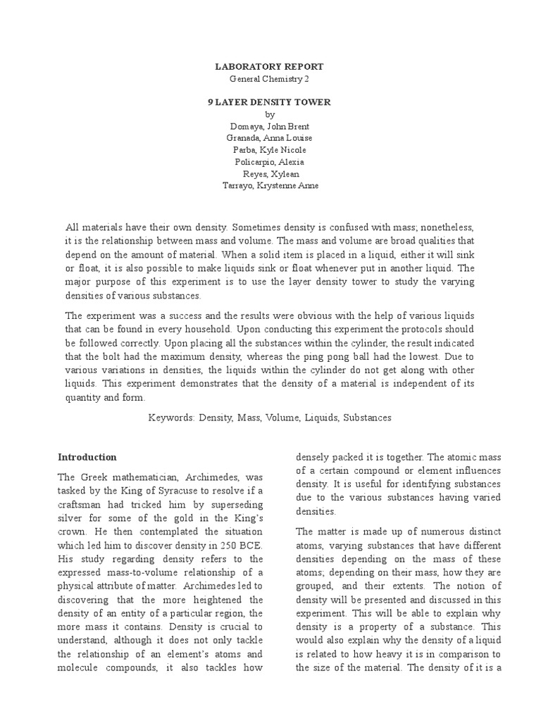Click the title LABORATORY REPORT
click(270, 66)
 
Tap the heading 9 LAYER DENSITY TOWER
click(270, 102)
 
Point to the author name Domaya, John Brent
click(270, 126)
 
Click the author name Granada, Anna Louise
click(270, 138)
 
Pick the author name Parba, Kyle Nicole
click(270, 150)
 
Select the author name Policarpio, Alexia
click(270, 162)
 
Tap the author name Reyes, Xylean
click(270, 174)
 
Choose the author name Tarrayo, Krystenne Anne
click(270, 186)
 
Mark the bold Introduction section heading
click(87, 457)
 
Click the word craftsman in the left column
click(80, 503)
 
